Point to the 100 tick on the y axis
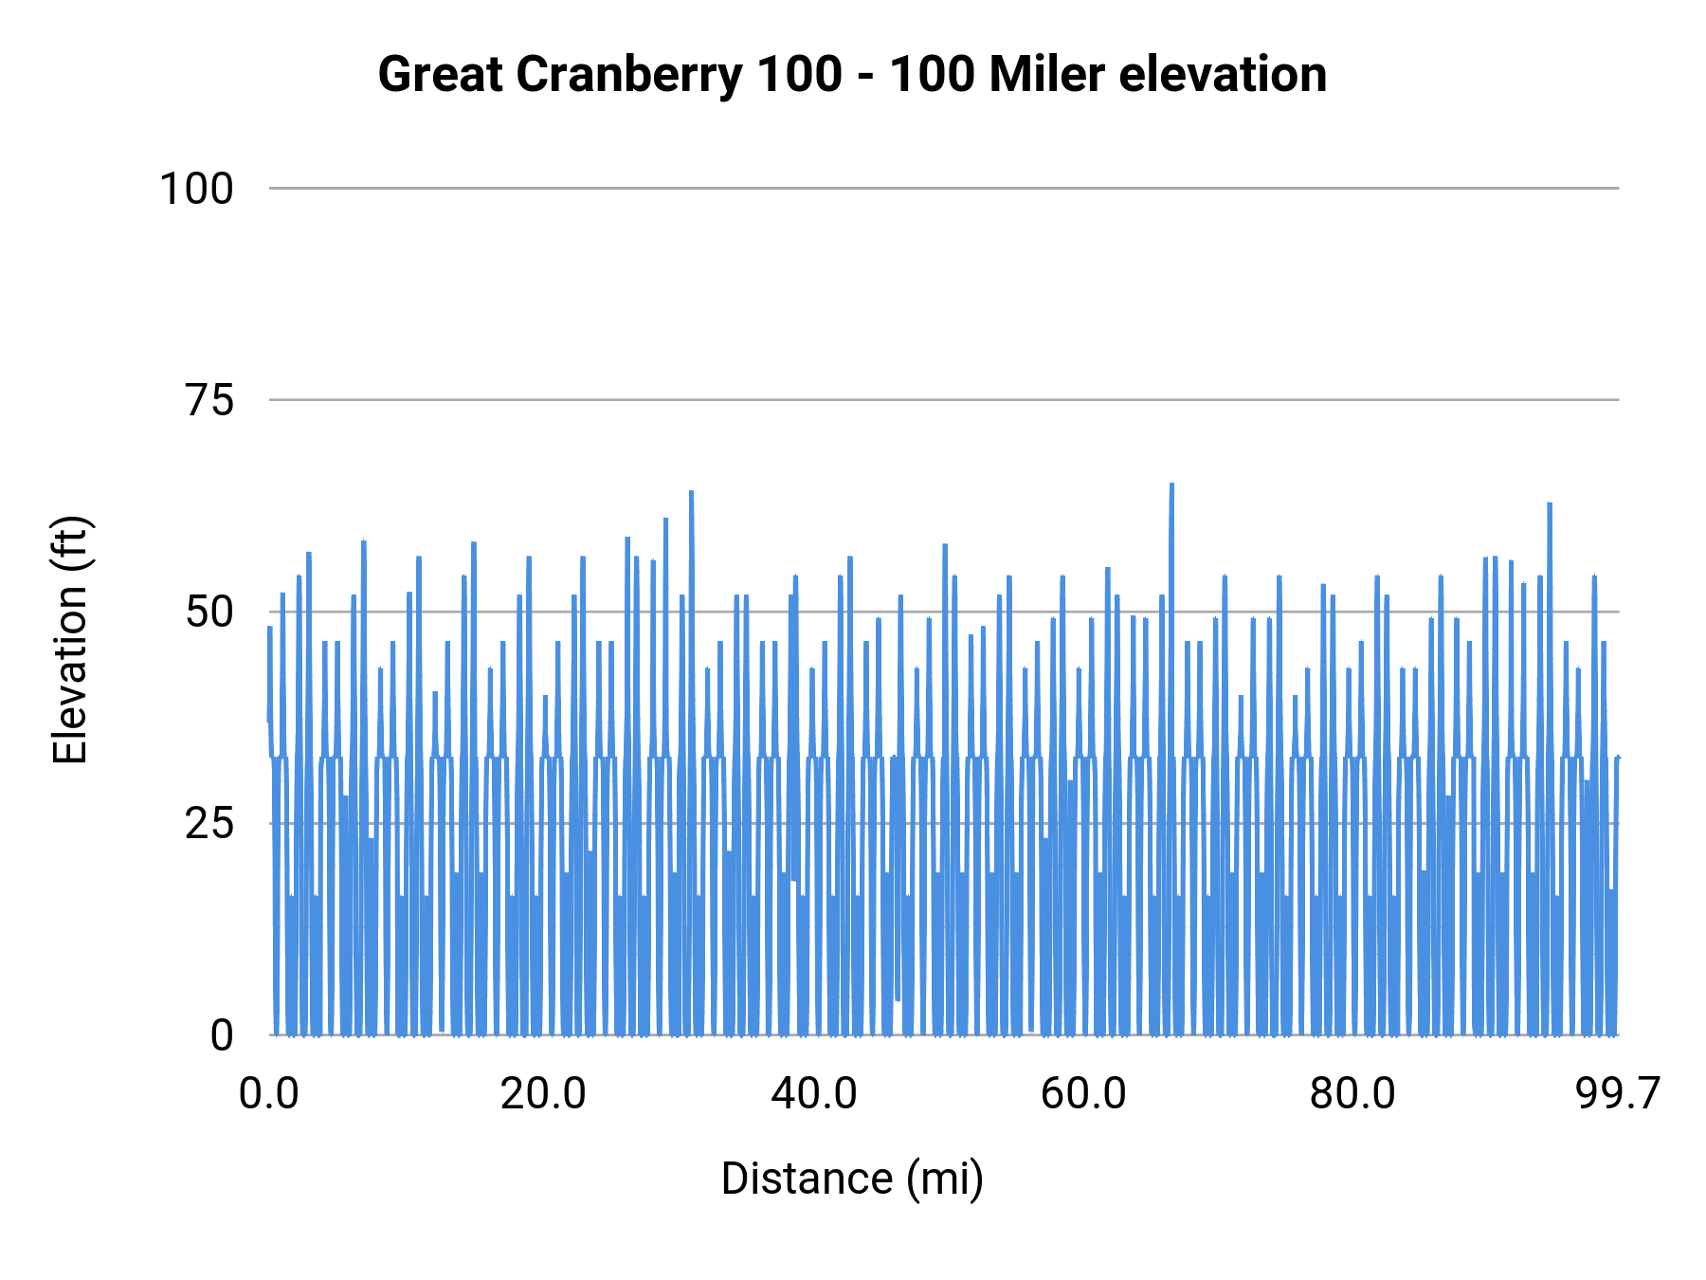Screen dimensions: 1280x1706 (x=196, y=189)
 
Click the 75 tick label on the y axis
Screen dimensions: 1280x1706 (x=209, y=401)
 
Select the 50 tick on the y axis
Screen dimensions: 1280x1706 (x=209, y=613)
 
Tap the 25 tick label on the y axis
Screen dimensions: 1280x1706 (x=209, y=824)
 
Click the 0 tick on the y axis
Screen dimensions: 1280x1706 (x=222, y=1035)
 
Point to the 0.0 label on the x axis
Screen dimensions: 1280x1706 (x=269, y=1094)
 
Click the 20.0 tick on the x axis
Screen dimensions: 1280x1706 (x=543, y=1094)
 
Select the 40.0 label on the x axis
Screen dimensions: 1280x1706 (x=813, y=1094)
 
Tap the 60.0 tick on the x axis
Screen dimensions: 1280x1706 (x=1083, y=1094)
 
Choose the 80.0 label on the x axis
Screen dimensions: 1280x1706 (x=1352, y=1094)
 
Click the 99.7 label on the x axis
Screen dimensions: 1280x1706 (x=1618, y=1094)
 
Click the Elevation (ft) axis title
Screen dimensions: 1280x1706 (x=70, y=640)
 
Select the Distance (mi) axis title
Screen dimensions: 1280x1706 (x=852, y=1179)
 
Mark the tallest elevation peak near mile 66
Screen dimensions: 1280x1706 (x=1171, y=485)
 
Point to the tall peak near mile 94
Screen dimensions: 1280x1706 (x=1549, y=505)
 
